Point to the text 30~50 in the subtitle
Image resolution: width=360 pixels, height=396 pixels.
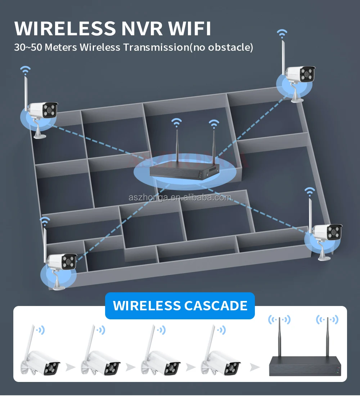26,47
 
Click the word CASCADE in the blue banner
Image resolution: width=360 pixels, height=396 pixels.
216,306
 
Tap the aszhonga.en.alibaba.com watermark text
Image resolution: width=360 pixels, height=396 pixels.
180,197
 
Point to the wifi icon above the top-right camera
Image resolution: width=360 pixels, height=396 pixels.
282,34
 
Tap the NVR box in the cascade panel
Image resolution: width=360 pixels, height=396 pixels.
305,366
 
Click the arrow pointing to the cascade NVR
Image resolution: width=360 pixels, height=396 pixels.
255,367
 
